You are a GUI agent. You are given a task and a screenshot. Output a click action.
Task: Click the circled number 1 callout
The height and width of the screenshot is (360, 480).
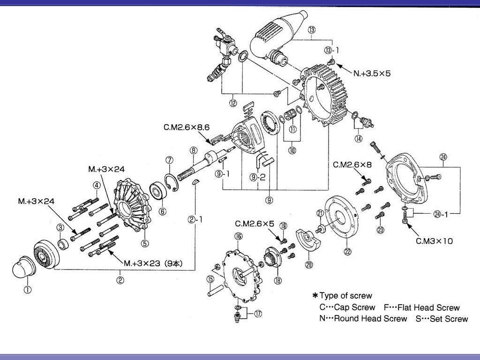pyautogui.click(x=28, y=290)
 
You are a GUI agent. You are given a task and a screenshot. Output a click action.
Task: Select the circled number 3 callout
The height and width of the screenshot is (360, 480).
pyautogui.click(x=60, y=228)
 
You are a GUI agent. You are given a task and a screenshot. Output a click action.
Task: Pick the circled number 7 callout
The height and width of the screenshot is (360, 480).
pyautogui.click(x=169, y=161)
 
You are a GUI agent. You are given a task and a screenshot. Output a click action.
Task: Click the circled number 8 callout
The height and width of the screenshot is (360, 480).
pyautogui.click(x=193, y=150)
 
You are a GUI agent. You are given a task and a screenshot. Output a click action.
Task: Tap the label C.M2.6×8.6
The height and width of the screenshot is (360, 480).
pyautogui.click(x=187, y=127)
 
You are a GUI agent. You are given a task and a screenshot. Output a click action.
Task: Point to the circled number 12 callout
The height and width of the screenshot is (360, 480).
pyautogui.click(x=233, y=101)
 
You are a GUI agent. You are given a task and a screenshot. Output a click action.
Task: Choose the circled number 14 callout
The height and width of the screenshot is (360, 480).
pyautogui.click(x=359, y=139)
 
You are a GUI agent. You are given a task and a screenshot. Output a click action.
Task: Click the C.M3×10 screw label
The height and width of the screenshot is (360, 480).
pyautogui.click(x=434, y=241)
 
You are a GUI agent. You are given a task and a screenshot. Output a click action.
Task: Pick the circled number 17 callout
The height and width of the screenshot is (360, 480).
pyautogui.click(x=258, y=315)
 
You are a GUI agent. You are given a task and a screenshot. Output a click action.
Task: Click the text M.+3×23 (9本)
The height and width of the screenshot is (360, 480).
pyautogui.click(x=152, y=263)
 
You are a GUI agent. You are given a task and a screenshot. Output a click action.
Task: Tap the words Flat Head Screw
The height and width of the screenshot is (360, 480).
pyautogui.click(x=428, y=308)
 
